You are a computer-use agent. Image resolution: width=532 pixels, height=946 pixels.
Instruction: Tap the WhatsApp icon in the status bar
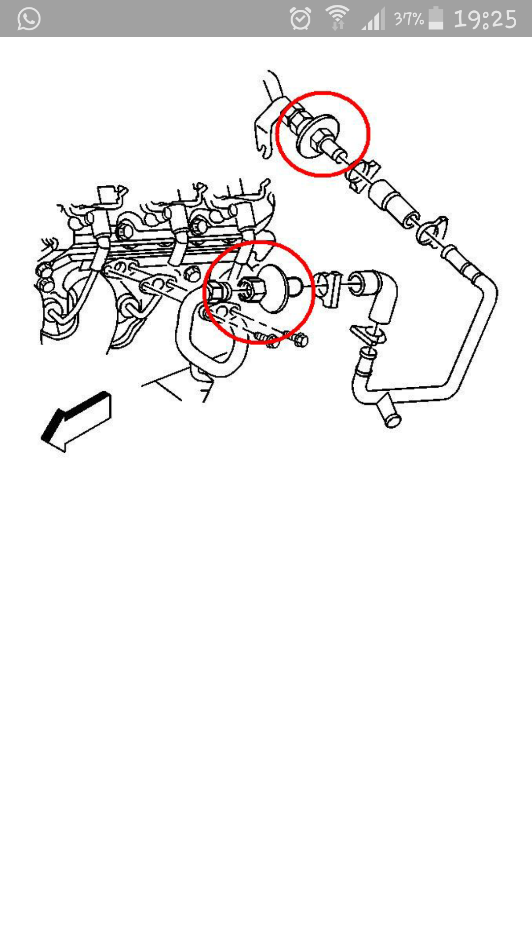pos(29,19)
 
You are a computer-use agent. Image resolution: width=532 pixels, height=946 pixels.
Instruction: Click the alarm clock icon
pos(300,19)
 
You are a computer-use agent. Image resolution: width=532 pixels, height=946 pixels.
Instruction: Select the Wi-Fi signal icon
pos(337,18)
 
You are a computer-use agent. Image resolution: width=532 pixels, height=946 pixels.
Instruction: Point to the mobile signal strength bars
pos(373,19)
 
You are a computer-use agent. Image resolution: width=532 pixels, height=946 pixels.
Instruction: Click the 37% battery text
pos(409,19)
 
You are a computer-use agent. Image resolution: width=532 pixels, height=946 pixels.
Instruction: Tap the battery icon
pos(436,18)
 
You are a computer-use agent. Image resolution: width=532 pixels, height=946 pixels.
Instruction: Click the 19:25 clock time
pos(485,19)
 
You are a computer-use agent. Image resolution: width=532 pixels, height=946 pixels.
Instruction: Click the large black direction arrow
pos(76,421)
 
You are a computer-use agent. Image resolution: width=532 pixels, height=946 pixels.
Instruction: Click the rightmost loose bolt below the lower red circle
pos(299,339)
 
